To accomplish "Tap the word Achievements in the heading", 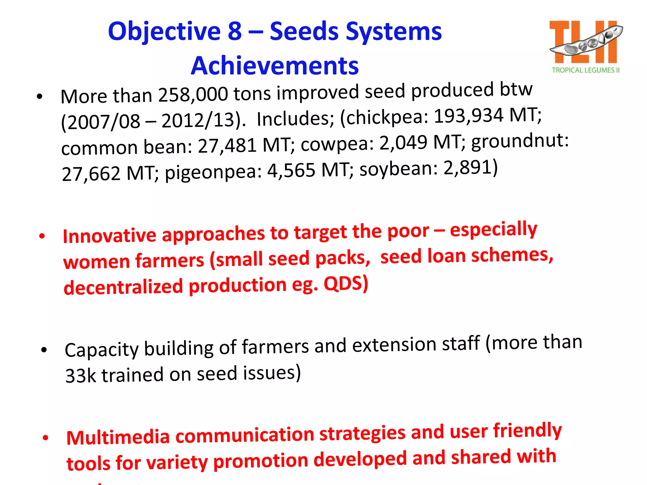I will (275, 66).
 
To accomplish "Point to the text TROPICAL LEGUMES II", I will (585, 70).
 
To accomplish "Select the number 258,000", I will (193, 94).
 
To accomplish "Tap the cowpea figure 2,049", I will (403, 142).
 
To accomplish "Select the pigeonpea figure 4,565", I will (291, 171).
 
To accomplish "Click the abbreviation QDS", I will (346, 283).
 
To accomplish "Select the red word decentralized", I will (123, 287).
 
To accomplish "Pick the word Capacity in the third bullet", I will (101, 350).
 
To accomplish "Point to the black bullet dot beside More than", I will (39, 97).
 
